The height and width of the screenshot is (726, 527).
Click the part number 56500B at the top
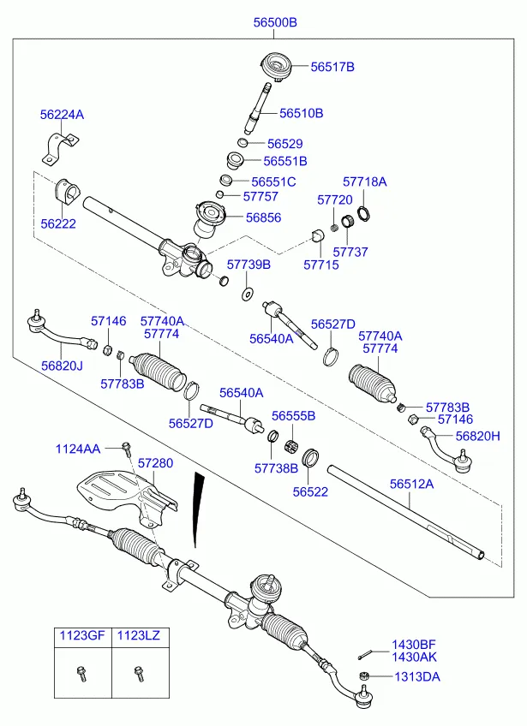[274, 23]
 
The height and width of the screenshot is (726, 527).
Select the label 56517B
[332, 66]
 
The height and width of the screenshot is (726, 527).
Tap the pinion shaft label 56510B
[302, 113]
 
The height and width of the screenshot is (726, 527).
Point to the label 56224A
[62, 114]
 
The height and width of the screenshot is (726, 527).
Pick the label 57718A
[365, 182]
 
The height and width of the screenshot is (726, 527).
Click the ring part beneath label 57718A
[364, 212]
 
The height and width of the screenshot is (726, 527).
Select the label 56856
[263, 217]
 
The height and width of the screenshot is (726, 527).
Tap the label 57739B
[249, 265]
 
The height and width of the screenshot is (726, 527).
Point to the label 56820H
[477, 436]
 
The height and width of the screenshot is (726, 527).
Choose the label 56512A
[411, 484]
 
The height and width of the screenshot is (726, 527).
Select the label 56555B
[294, 416]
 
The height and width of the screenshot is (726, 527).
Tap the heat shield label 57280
[155, 463]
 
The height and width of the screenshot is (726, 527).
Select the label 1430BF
[414, 644]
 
